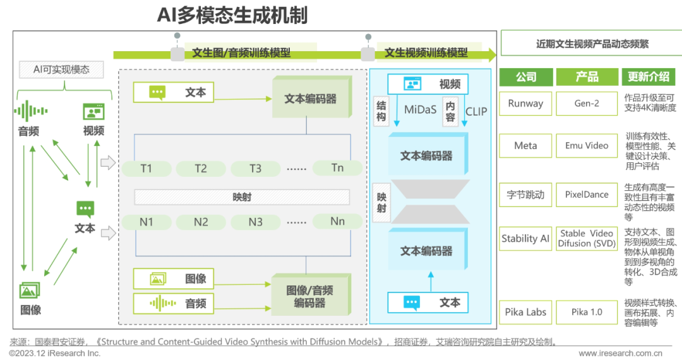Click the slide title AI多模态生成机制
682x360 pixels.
[232, 15]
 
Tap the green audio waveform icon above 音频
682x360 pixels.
[30, 111]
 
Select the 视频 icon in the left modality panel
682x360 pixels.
[93, 112]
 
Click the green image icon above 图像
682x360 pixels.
[30, 290]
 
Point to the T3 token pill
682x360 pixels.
[255, 169]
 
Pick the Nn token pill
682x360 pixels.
[337, 222]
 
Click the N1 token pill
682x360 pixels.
[147, 222]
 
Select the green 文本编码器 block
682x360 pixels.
[310, 99]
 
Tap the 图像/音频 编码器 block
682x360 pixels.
[310, 296]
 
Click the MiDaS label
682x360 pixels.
[420, 109]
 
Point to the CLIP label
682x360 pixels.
[476, 111]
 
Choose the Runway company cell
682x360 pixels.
[525, 104]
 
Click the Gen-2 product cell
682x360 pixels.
[587, 104]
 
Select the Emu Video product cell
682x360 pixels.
[587, 146]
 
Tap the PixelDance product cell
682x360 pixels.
[587, 195]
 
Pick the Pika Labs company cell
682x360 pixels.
[525, 312]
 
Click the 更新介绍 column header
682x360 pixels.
[648, 77]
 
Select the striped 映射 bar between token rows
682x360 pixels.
[242, 197]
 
